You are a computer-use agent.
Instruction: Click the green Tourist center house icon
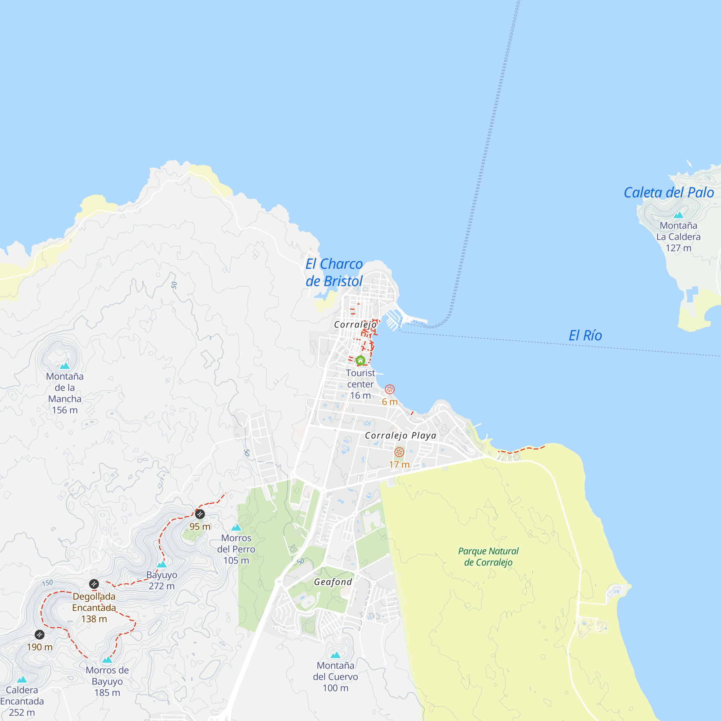[360, 360]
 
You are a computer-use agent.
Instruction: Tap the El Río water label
[585, 336]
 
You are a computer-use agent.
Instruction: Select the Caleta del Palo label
[668, 193]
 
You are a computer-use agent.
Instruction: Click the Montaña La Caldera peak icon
[678, 215]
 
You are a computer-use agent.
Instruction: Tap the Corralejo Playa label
[400, 435]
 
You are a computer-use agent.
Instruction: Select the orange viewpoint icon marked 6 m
[390, 389]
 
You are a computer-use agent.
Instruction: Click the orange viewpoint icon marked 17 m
[399, 452]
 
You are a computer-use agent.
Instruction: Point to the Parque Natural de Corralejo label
[488, 556]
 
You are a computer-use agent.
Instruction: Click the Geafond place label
[333, 582]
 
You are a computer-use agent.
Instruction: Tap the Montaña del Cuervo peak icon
[335, 655]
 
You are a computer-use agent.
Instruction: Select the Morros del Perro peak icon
[236, 527]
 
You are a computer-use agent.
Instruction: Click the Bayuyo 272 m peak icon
[162, 564]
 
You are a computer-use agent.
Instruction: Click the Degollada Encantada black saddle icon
[94, 584]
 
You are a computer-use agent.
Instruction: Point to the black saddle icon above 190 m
[40, 634]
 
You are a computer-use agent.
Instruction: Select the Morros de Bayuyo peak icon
[107, 660]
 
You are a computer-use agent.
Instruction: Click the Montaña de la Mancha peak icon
[65, 366]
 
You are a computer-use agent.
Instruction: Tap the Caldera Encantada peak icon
[22, 680]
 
